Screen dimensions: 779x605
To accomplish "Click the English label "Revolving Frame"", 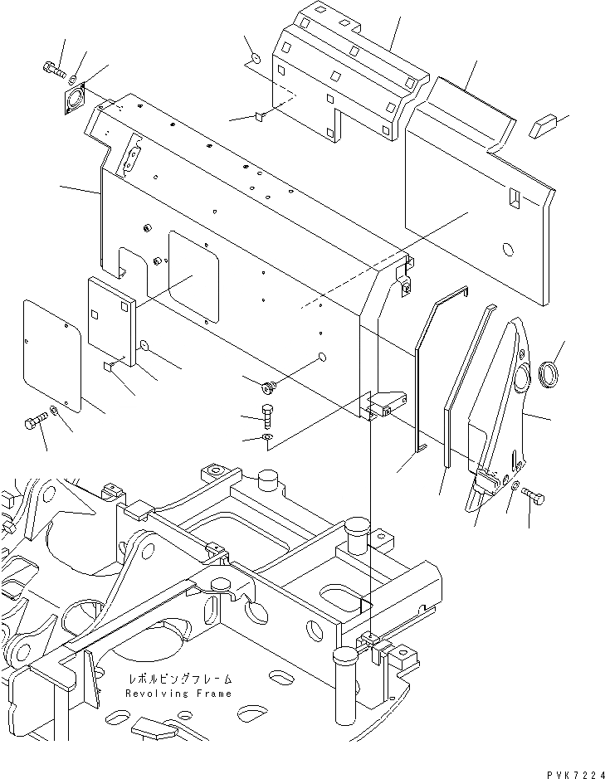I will [x=178, y=693].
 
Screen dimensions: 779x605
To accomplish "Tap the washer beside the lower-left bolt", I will [x=54, y=411].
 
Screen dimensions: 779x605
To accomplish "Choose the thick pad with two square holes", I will [x=110, y=319].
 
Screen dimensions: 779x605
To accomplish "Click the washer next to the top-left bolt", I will [x=74, y=80].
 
